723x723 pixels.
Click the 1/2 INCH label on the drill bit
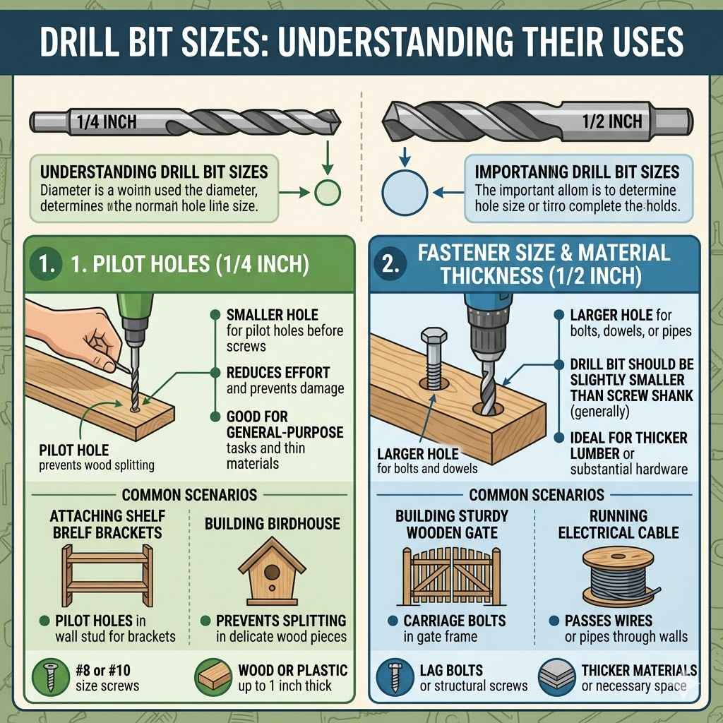point(612,121)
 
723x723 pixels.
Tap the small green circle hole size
point(327,192)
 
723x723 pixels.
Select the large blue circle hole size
point(405,192)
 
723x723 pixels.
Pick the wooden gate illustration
point(453,575)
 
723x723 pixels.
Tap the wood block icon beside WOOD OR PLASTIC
point(213,676)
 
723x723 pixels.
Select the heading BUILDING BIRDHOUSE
point(272,524)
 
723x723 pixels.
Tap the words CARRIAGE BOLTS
point(454,621)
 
